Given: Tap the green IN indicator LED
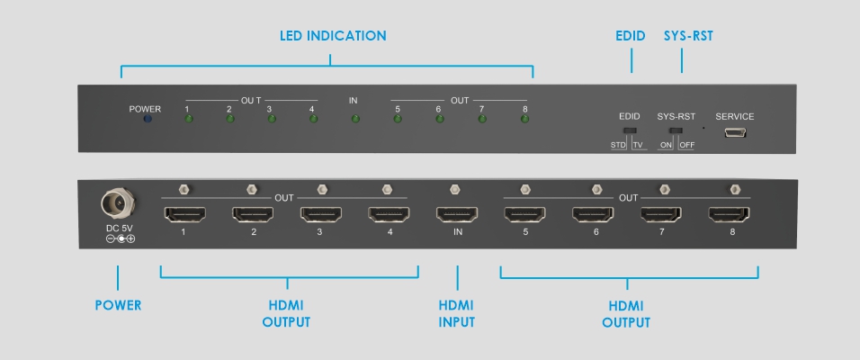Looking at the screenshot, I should [x=355, y=119].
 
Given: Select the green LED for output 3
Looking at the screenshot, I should [x=269, y=119].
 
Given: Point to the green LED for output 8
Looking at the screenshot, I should [x=525, y=119].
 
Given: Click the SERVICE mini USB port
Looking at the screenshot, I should [x=734, y=133].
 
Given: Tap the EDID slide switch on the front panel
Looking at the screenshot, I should [x=630, y=130].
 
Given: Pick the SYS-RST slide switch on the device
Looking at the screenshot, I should [x=676, y=130].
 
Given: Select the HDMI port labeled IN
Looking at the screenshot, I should [x=458, y=215].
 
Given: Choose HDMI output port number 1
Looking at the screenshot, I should [x=184, y=215].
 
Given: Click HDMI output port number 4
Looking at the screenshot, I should [x=389, y=215].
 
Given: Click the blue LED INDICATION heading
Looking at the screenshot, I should [x=332, y=36].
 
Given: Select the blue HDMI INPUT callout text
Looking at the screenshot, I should [x=457, y=313].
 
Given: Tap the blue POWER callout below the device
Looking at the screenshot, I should [x=119, y=305].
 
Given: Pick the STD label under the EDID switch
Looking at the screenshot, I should [x=619, y=145].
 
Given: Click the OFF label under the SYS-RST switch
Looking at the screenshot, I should [x=686, y=145].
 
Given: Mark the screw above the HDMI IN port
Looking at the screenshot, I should [x=454, y=189].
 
